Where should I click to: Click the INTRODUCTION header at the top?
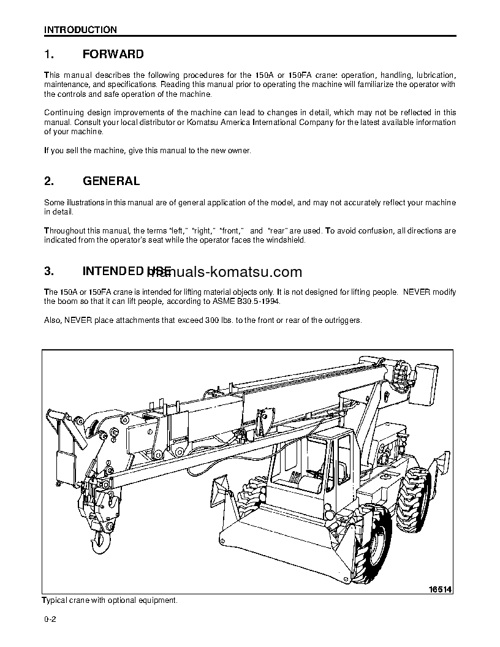(x=80, y=29)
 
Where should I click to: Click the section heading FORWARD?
(x=113, y=55)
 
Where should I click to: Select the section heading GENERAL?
(x=110, y=181)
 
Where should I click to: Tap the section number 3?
(x=49, y=271)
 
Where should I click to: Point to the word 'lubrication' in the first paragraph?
(x=435, y=75)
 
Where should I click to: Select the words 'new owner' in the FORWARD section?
(x=229, y=151)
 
